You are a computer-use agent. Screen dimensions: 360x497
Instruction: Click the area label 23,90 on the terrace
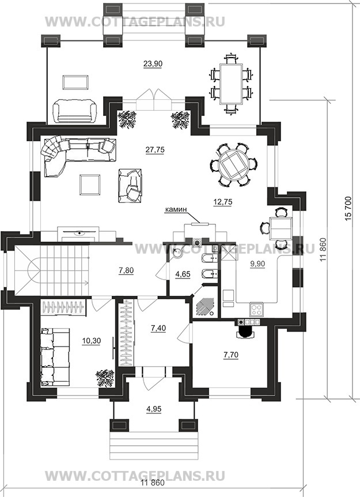[153, 63]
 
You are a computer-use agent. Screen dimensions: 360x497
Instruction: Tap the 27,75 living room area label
[155, 150]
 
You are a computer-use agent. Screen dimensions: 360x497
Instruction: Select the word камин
[176, 209]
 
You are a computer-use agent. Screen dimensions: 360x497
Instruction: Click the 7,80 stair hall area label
[126, 270]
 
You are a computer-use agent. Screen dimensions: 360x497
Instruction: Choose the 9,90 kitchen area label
[257, 263]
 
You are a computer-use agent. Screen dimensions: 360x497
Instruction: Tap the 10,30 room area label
[91, 341]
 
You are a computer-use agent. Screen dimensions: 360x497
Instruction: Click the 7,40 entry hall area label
[158, 328]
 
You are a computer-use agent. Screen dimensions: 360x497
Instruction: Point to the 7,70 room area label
[231, 355]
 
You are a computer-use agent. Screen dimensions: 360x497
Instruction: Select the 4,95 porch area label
[154, 409]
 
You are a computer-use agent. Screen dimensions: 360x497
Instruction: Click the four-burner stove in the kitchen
[256, 310]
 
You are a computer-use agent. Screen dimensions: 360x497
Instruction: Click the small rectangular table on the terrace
[75, 82]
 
